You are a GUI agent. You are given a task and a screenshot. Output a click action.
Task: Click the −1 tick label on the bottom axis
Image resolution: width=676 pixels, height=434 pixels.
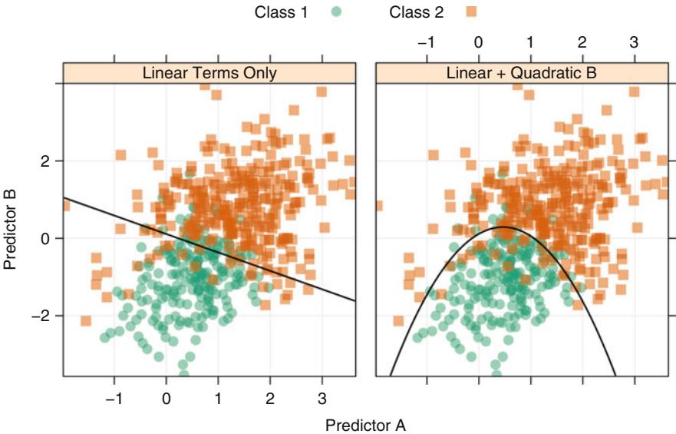tap(113, 399)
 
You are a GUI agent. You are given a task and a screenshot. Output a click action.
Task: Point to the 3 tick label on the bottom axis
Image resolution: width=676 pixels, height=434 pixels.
tap(322, 399)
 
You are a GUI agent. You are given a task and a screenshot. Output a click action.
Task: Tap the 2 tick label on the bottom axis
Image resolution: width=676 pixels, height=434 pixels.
tap(269, 399)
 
